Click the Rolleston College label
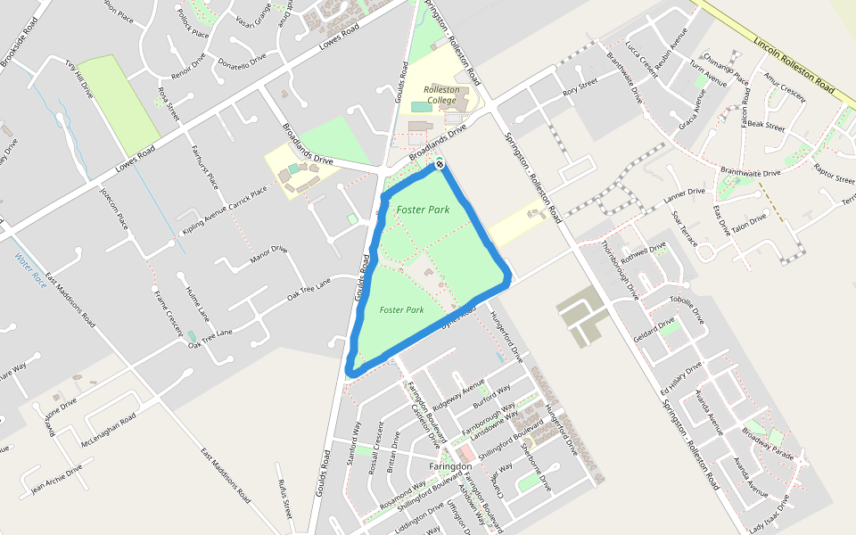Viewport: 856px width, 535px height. coord(440,95)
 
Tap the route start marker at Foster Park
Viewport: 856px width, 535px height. coord(440,164)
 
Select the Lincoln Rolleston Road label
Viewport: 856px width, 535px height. coord(794,67)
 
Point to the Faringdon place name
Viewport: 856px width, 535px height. coord(450,467)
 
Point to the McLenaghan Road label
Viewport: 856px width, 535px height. coord(108,431)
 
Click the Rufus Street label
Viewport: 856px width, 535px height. coord(284,498)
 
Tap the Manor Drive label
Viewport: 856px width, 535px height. coord(268,257)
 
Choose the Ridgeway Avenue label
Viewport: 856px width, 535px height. coord(458,392)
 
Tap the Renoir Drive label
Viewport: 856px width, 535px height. coord(188,66)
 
